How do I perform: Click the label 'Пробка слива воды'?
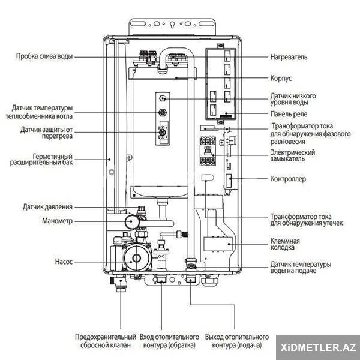44,56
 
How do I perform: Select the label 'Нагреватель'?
289,57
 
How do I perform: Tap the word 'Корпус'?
281,78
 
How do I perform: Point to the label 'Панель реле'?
289,114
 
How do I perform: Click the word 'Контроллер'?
288,179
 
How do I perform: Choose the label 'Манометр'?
57,221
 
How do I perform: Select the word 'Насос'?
64,262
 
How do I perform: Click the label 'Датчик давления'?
47,207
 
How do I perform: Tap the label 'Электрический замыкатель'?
293,155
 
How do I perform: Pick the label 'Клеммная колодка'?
285,244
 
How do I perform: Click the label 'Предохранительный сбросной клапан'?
106,341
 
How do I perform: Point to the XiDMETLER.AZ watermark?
318,347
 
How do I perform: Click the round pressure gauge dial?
132,221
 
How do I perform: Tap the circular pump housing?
137,257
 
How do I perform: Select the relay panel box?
220,84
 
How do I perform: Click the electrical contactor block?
208,151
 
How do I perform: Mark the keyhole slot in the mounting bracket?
172,25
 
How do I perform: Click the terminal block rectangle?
218,244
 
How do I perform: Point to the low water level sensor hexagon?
163,98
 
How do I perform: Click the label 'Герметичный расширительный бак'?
41,160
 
